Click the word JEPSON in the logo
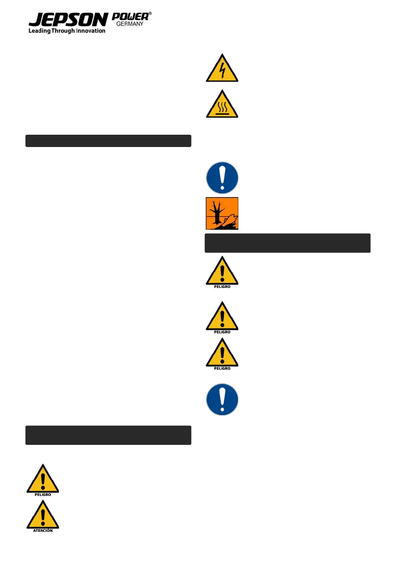[x=67, y=20]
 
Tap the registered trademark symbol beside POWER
[x=150, y=15]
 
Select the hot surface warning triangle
[x=222, y=105]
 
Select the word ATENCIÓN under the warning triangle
[x=42, y=531]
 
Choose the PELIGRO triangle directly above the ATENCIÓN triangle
[x=42, y=479]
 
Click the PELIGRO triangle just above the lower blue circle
[x=222, y=353]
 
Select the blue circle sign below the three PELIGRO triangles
[x=222, y=399]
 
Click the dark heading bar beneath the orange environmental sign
[x=287, y=243]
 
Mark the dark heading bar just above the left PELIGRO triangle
[x=108, y=435]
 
